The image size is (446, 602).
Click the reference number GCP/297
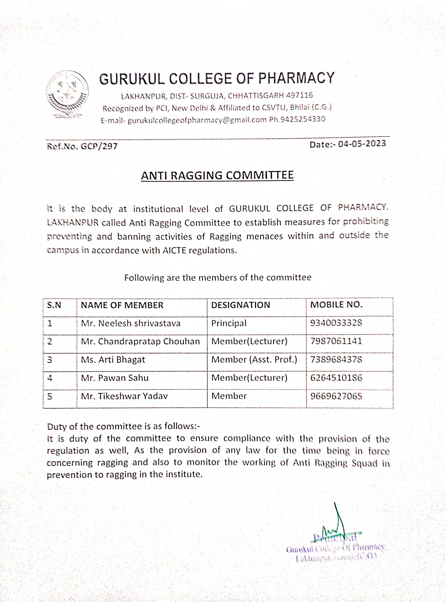[99, 146]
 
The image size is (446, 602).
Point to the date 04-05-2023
[362, 144]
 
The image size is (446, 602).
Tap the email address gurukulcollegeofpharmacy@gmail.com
[197, 120]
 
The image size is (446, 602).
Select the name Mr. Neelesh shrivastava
[130, 324]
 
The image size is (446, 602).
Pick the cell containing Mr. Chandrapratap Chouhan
[140, 342]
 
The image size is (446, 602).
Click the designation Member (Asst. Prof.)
[254, 360]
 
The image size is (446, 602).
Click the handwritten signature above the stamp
[335, 523]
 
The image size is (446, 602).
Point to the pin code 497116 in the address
[299, 95]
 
